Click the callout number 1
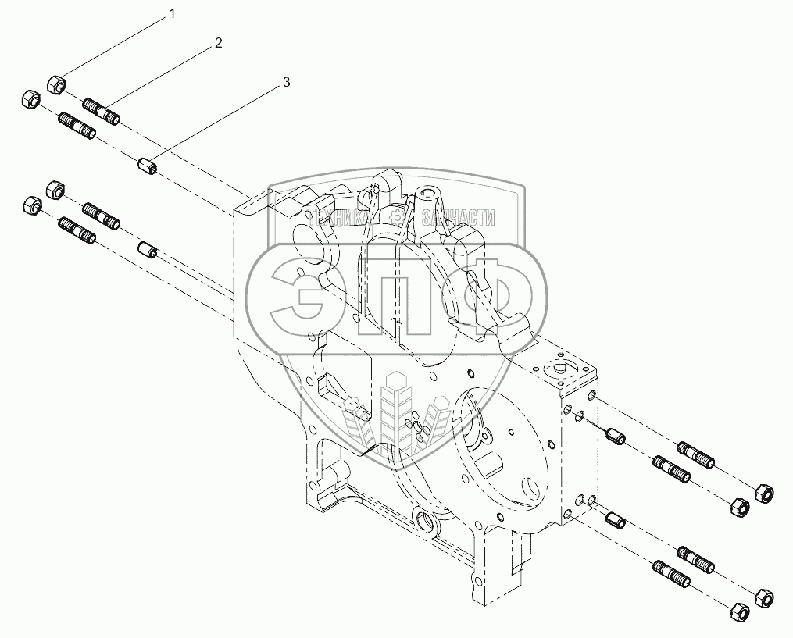(x=173, y=14)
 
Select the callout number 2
(x=218, y=43)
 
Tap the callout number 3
(x=287, y=82)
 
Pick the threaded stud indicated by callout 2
(x=101, y=111)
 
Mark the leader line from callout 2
(x=164, y=77)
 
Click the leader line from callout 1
(x=117, y=47)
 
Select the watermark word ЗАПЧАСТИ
(x=458, y=219)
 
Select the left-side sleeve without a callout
(x=148, y=251)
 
